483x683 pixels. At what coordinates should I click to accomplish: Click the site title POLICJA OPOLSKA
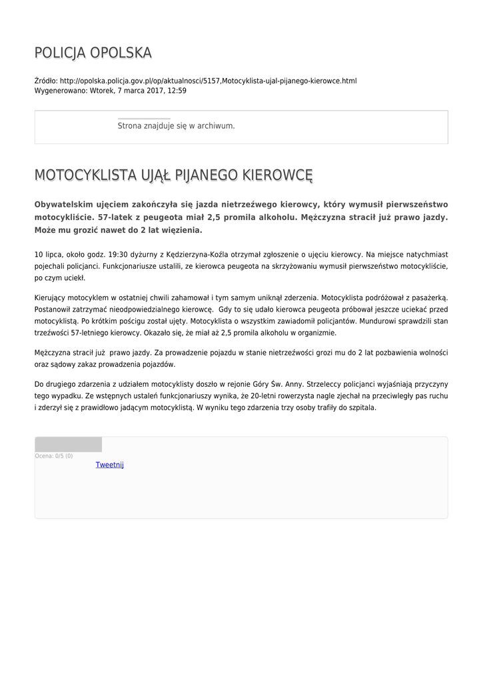(93, 53)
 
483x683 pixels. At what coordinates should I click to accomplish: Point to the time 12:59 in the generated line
(177, 91)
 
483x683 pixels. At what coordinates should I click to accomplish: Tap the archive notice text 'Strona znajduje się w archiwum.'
(176, 125)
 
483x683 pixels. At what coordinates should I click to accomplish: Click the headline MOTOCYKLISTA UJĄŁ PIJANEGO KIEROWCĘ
(173, 175)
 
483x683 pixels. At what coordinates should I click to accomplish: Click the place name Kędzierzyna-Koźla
(199, 255)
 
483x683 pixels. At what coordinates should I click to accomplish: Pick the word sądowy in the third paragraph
(62, 364)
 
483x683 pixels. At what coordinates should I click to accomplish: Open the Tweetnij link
(110, 465)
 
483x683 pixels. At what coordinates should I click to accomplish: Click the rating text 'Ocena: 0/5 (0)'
(54, 456)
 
